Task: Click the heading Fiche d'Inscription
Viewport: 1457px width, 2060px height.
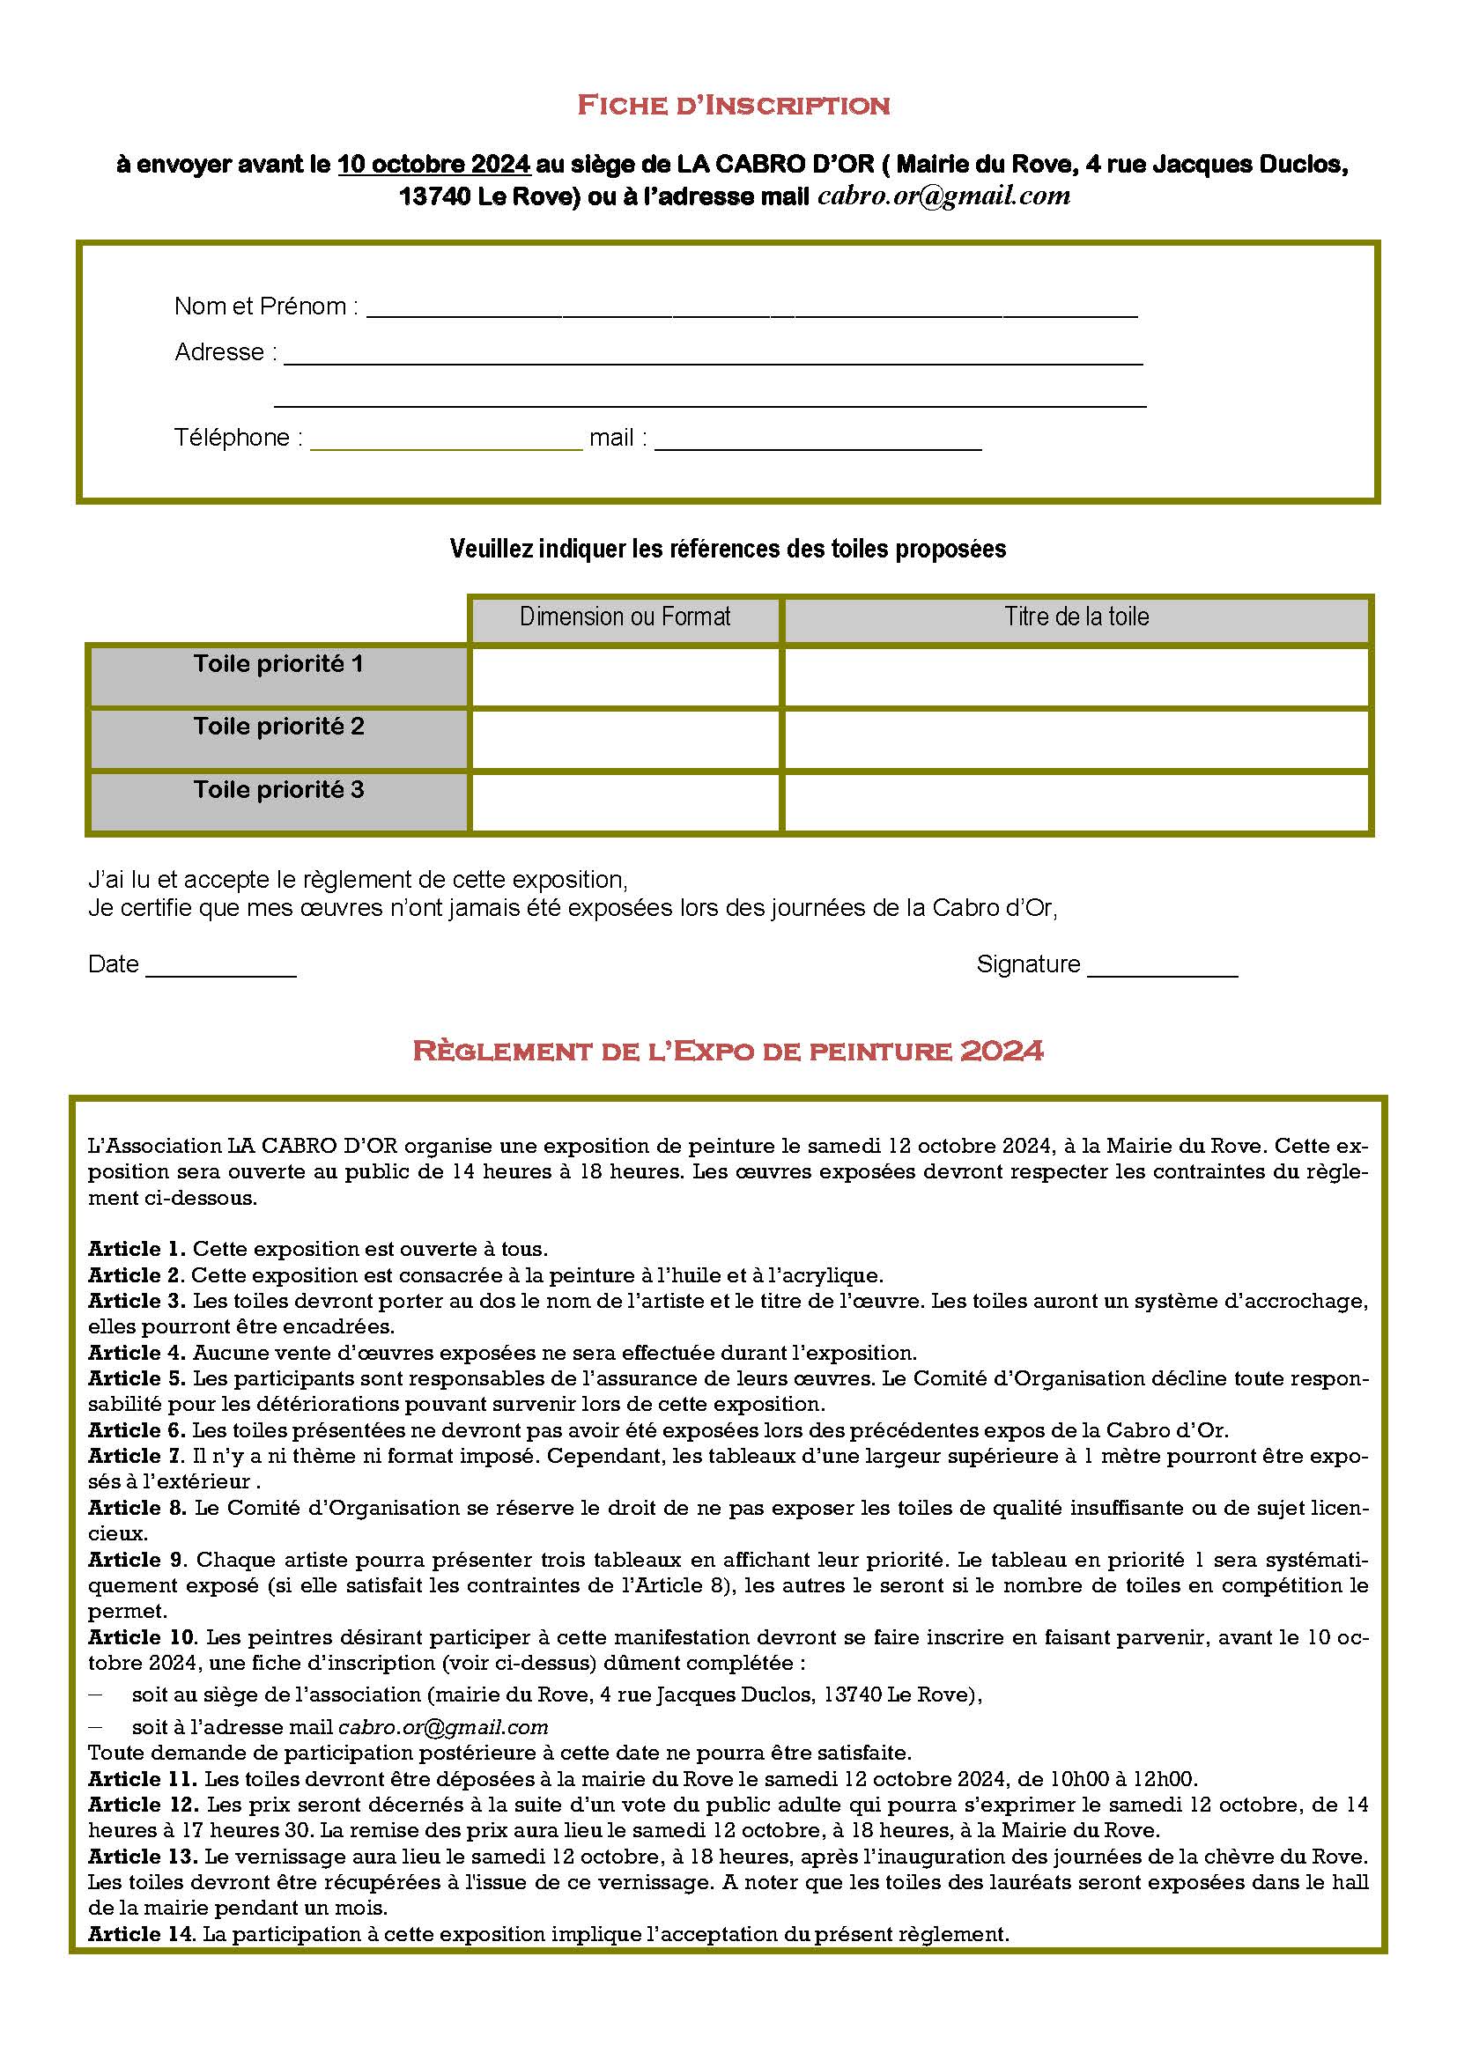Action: (732, 106)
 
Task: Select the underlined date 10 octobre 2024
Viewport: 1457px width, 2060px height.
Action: (434, 165)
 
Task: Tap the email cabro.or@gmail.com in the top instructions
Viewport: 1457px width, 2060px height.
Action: (943, 196)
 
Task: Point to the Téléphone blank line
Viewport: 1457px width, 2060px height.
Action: (446, 447)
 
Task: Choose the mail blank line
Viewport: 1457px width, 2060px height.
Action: (817, 447)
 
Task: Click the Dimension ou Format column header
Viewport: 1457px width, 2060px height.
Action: (625, 617)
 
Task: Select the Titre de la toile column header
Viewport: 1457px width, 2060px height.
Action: (1076, 617)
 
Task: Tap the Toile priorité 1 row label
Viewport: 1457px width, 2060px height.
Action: (278, 665)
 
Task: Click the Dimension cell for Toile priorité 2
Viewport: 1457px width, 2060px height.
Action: (625, 739)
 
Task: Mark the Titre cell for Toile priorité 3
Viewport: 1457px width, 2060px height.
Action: (1076, 803)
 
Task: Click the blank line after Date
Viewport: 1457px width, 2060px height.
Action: (221, 973)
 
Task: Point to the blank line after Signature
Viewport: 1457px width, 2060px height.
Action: (1162, 973)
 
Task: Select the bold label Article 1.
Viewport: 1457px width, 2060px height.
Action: (137, 1249)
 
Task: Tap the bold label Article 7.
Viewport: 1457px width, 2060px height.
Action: (137, 1455)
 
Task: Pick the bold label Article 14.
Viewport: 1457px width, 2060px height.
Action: (141, 1933)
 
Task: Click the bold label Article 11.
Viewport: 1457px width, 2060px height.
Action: (142, 1778)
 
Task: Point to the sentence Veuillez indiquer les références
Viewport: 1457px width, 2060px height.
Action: (728, 549)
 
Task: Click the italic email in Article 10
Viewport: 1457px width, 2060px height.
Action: (442, 1727)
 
